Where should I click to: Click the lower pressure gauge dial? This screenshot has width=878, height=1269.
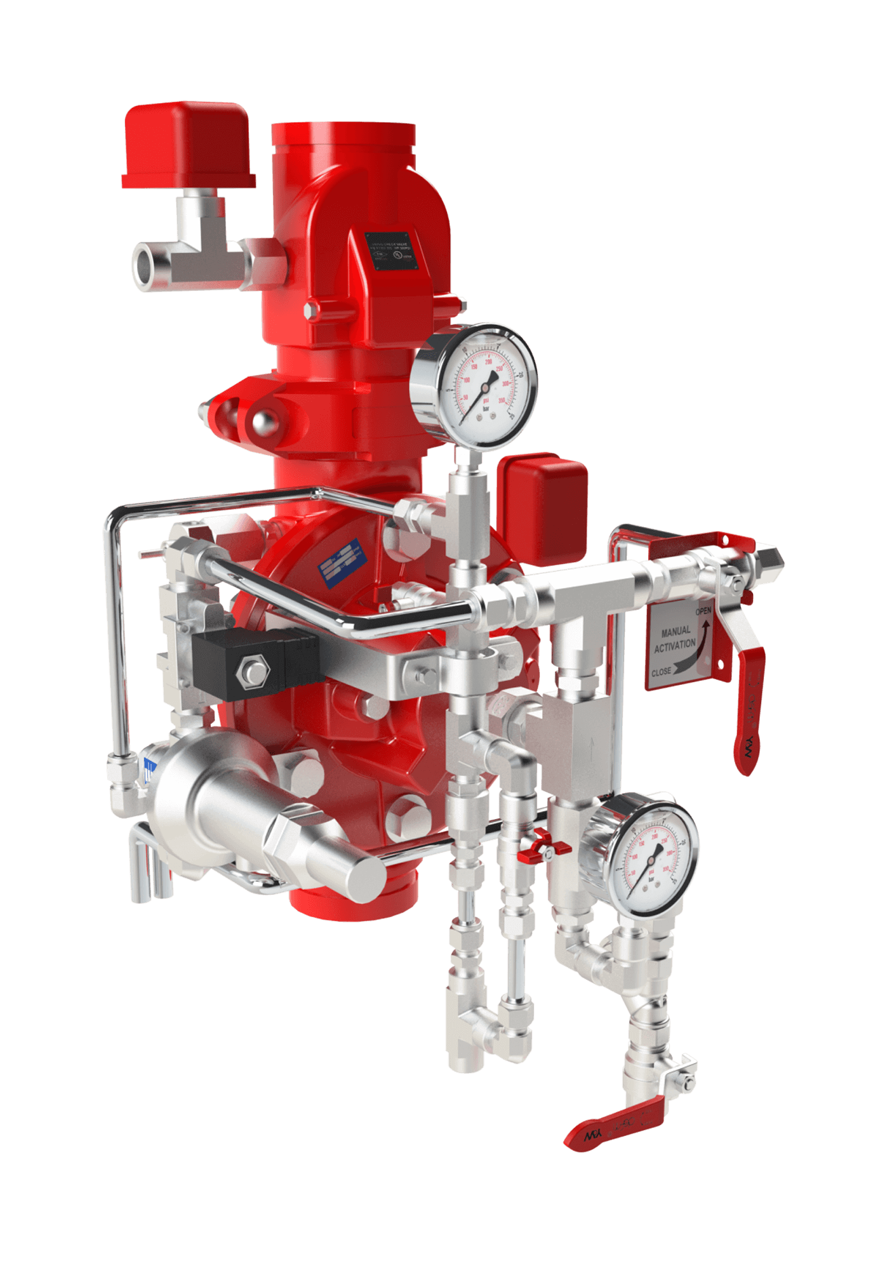pos(648,854)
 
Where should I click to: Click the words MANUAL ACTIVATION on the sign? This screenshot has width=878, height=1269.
pos(675,638)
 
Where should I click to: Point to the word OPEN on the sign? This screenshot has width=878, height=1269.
pos(703,611)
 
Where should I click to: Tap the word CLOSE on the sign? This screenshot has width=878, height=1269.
pos(661,671)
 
